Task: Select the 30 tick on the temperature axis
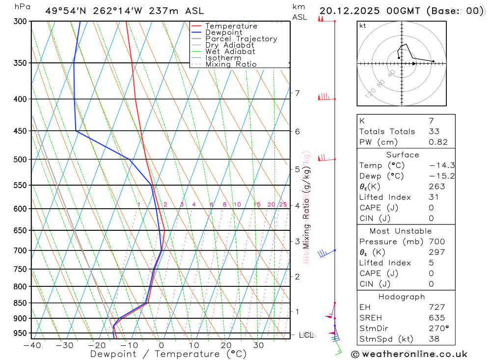coord(259,345)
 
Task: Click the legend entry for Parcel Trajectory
coord(241,39)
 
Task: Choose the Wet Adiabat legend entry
coord(230,52)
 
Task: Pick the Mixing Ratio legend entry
coord(231,64)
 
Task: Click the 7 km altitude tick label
coord(297,93)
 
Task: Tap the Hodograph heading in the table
coord(402,297)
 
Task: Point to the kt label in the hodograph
coord(363,26)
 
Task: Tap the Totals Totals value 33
coord(434,132)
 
